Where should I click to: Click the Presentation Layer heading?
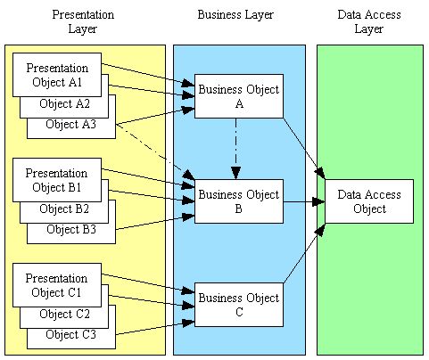click(x=83, y=21)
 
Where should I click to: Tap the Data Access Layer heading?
click(x=368, y=21)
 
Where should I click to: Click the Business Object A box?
click(x=238, y=96)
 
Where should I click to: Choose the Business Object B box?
click(x=238, y=201)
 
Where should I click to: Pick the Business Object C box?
click(x=238, y=305)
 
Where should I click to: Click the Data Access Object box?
click(x=368, y=201)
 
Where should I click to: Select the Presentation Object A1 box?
click(x=57, y=75)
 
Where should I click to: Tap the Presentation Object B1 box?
click(x=57, y=180)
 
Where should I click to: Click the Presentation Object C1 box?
click(x=57, y=285)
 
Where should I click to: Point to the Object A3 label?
click(x=70, y=125)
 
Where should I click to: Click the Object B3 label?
click(x=70, y=230)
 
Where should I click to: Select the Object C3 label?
click(x=70, y=334)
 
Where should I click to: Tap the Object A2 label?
click(x=63, y=103)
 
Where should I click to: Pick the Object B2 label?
click(x=63, y=209)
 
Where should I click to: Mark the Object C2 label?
click(x=63, y=314)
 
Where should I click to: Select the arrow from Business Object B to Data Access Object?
click(x=303, y=201)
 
